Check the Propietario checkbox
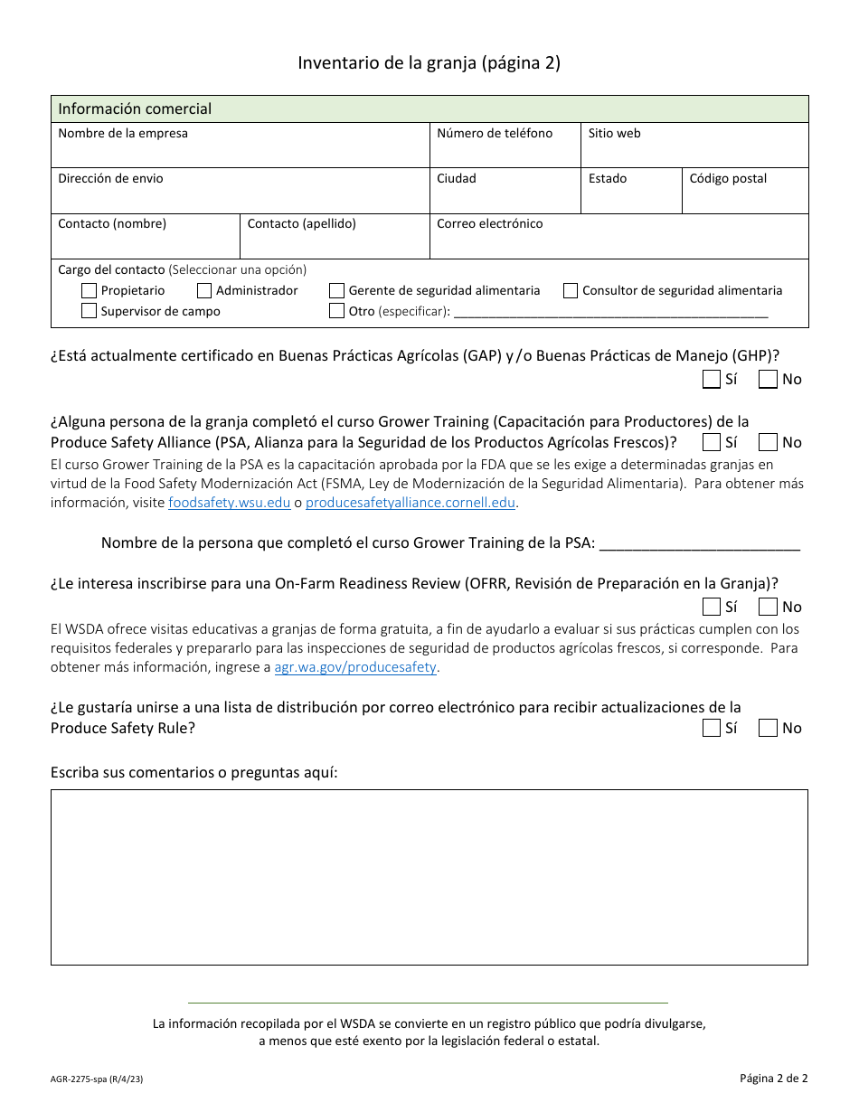[89, 291]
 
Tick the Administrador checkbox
[204, 291]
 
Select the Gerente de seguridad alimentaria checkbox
[336, 291]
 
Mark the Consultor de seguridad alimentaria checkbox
[571, 291]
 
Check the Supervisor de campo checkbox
[89, 311]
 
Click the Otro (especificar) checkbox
[336, 311]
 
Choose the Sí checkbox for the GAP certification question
[712, 380]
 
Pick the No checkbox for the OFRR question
[768, 608]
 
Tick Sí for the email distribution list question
[712, 729]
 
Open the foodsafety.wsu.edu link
[229, 503]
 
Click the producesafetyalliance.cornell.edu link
[411, 503]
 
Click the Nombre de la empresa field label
[123, 134]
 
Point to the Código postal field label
[728, 179]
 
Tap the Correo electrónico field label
[489, 224]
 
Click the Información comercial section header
[135, 109]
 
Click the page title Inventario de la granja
[429, 63]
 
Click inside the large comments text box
[429, 877]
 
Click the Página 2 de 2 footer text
[773, 1078]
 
